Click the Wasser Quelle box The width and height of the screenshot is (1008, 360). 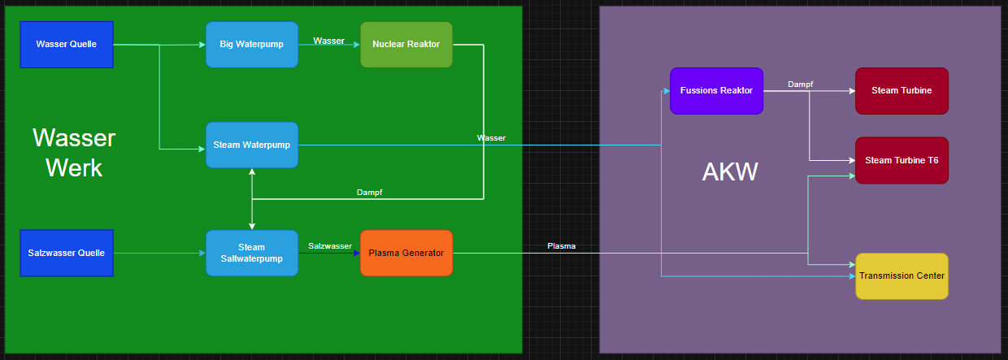point(67,44)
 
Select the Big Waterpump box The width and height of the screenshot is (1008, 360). point(252,44)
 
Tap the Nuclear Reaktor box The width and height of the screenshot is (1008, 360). point(406,44)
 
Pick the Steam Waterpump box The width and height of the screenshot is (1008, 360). point(252,145)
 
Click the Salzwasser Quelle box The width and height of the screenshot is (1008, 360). point(67,253)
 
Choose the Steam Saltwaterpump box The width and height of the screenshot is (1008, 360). point(252,253)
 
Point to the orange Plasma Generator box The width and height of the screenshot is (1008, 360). point(406,253)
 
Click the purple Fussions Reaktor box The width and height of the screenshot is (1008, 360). point(716,90)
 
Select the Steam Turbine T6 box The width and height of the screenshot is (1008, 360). point(902,160)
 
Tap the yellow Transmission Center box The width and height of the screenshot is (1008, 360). point(902,275)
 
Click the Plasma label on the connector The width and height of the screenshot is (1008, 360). point(561,245)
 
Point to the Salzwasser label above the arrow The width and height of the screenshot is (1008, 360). point(330,245)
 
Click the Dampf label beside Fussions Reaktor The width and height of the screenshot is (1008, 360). point(801,84)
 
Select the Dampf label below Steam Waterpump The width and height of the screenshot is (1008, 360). point(370,193)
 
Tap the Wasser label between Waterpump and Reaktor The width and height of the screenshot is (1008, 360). point(329,41)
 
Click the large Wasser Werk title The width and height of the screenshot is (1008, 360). point(74,153)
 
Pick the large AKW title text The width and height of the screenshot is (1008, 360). point(730,171)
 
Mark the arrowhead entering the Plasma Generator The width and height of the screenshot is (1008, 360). point(356,253)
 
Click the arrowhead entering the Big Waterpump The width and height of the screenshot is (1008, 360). point(202,45)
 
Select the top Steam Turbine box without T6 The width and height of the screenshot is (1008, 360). point(902,90)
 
